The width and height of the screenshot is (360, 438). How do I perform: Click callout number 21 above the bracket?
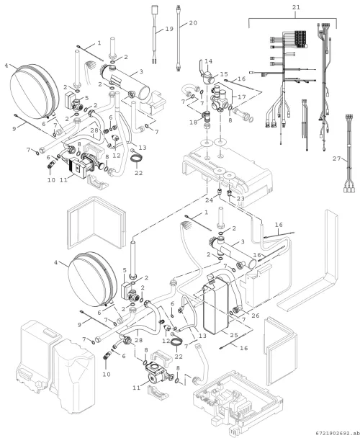pos(296,7)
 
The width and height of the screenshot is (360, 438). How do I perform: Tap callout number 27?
pos(336,158)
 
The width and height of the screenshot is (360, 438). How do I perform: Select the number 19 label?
pos(169,29)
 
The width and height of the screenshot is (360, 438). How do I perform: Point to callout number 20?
pos(193,23)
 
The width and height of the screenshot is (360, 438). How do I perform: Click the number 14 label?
pos(208,61)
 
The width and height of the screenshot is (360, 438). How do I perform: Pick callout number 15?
pos(224,74)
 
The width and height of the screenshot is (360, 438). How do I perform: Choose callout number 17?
pos(242,97)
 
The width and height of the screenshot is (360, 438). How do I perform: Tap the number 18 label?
pos(193,122)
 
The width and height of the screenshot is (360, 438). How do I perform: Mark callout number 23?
pos(240,199)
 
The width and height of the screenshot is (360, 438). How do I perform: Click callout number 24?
pos(210,200)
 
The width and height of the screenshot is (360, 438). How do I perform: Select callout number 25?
pos(234,335)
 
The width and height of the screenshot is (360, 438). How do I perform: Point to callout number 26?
pos(256,316)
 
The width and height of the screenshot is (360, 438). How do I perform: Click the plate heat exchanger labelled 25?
pos(217,306)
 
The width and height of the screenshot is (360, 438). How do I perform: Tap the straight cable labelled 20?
pos(178,38)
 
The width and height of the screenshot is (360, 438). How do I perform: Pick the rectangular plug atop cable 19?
pos(155,9)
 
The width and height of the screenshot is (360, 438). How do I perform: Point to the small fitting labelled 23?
pos(230,193)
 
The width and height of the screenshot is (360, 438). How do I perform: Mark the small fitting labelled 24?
pos(219,192)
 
